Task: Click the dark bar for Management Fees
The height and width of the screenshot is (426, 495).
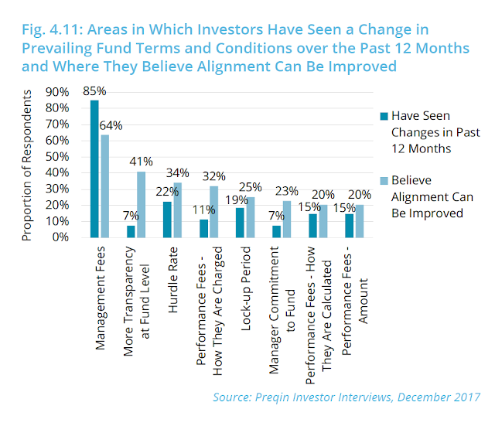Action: tap(94, 169)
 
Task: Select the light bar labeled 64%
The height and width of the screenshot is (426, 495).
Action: tap(104, 186)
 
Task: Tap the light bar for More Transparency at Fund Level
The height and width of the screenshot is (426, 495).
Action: tap(142, 204)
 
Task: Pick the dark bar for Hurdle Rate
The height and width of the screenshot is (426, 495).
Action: tap(168, 220)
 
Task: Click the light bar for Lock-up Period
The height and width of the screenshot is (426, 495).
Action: tap(249, 217)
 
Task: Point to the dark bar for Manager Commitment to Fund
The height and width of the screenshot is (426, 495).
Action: tap(276, 231)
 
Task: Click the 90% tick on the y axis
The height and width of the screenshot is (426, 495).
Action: tap(58, 92)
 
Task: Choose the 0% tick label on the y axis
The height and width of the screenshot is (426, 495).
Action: tap(61, 237)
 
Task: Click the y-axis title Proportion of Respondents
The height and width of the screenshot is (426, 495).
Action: tap(28, 164)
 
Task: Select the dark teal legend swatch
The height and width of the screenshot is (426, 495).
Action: tap(381, 118)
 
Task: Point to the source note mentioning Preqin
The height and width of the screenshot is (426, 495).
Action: tap(346, 397)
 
